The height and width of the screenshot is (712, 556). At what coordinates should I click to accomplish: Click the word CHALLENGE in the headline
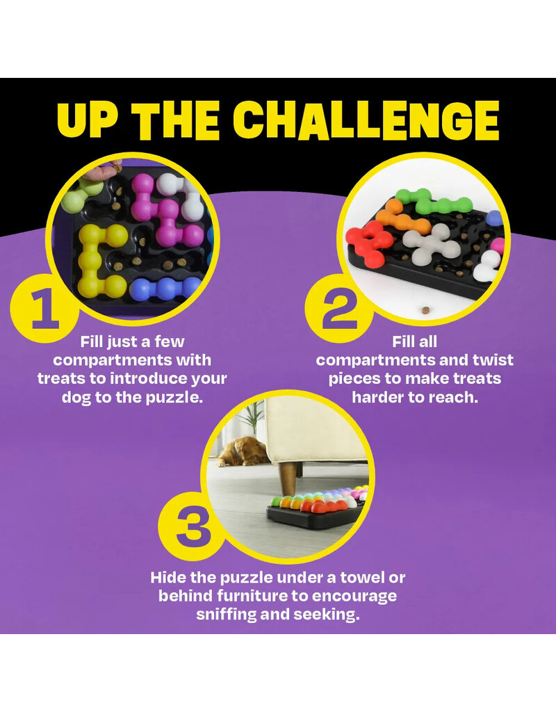coord(366,120)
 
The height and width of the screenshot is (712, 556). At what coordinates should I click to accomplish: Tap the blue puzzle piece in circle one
coord(165,289)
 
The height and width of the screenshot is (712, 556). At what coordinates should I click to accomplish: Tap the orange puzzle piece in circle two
coord(400,219)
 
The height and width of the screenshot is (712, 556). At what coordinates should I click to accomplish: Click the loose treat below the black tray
coord(426,311)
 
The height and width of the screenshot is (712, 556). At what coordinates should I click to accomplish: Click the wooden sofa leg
coord(288,477)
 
